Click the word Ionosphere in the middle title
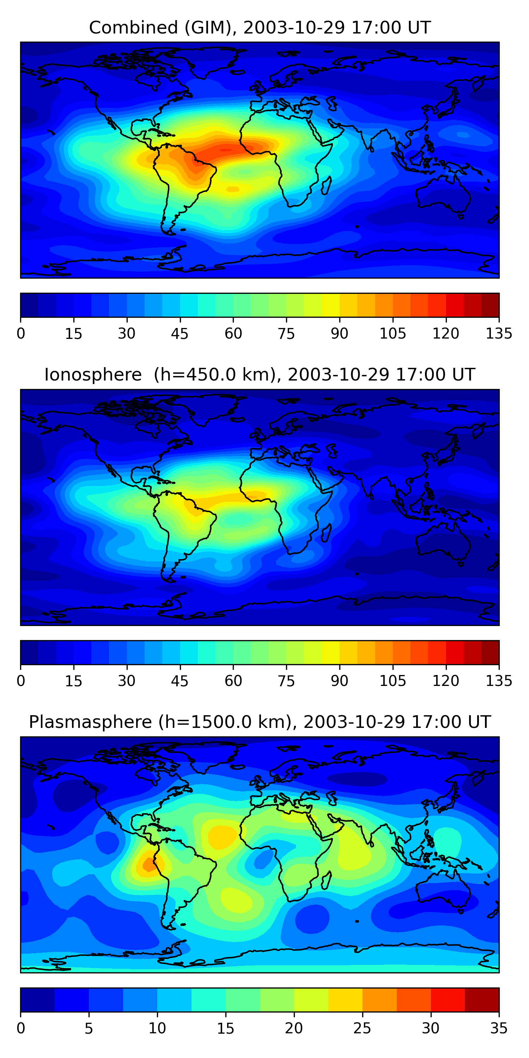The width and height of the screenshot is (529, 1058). tap(93, 375)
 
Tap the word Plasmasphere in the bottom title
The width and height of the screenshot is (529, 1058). tap(90, 722)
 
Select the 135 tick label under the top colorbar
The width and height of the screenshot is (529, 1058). tap(499, 334)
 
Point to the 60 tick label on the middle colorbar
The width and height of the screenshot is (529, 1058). tap(233, 681)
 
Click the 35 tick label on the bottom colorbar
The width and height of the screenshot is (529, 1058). tap(499, 1028)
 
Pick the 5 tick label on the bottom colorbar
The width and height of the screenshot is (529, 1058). tap(89, 1028)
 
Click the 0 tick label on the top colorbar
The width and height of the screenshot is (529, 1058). tap(21, 334)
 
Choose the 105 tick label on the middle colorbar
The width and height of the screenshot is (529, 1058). tap(393, 681)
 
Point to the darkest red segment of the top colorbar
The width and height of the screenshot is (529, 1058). tap(490, 305)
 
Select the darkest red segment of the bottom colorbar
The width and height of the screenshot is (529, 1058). tap(482, 1000)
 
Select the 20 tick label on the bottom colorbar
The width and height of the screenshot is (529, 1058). tap(294, 1028)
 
